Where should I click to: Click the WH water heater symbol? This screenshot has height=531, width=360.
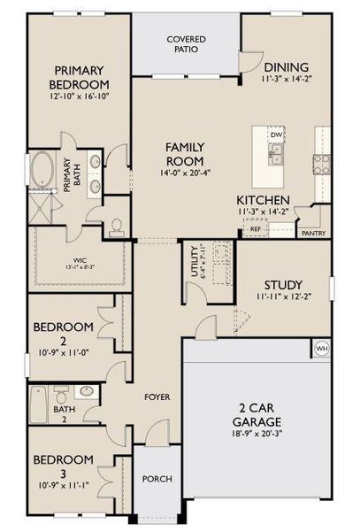[x=321, y=349]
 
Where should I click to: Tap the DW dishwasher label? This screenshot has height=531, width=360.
[x=276, y=135]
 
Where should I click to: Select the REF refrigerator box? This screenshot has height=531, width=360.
[x=255, y=229]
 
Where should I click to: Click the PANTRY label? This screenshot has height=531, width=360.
[x=313, y=234]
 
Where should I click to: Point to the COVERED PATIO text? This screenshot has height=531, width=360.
[x=186, y=44]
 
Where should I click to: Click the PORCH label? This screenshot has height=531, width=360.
[x=157, y=479]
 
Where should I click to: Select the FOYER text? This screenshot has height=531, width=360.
[x=158, y=396]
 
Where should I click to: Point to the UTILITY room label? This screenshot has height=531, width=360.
[x=194, y=263]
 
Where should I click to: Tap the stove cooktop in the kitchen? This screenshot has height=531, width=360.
[x=321, y=163]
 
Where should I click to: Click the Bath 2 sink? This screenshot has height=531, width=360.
[x=88, y=391]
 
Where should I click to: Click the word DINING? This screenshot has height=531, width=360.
[x=286, y=67]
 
